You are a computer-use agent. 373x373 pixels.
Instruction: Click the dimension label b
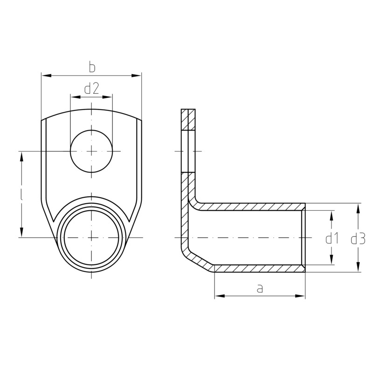(x=92, y=67)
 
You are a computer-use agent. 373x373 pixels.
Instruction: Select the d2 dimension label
(x=91, y=89)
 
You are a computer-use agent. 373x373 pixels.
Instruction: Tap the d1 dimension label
(x=332, y=239)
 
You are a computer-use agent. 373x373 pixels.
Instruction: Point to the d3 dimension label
(x=358, y=239)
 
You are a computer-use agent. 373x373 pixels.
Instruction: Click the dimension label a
(x=260, y=288)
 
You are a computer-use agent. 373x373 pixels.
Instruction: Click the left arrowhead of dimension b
(x=46, y=76)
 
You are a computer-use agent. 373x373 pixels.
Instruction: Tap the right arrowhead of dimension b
(x=136, y=76)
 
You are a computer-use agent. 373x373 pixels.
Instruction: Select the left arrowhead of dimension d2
(x=75, y=97)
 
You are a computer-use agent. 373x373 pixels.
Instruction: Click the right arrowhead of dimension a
(x=300, y=296)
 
